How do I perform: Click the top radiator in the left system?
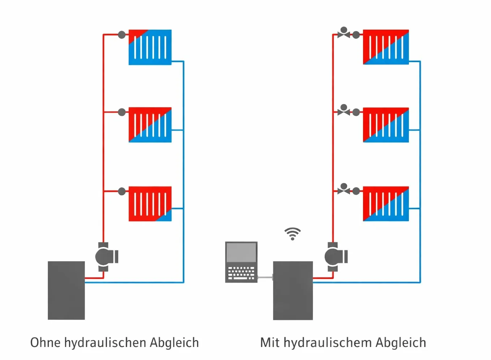[150, 47]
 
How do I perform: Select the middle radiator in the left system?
[150, 125]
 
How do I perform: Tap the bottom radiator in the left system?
[150, 203]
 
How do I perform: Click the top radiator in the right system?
[386, 47]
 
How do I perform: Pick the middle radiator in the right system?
[386, 125]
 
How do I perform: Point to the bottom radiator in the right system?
[386, 203]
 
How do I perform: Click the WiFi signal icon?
[293, 234]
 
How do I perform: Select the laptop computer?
[241, 262]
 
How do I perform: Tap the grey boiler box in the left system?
[66, 290]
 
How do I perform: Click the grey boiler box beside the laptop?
[293, 290]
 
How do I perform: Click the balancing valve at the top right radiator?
[344, 33]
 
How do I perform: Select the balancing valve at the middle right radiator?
[344, 111]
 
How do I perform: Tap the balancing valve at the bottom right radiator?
[344, 189]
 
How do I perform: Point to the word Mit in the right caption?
[270, 342]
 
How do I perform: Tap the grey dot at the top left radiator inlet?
[122, 35]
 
